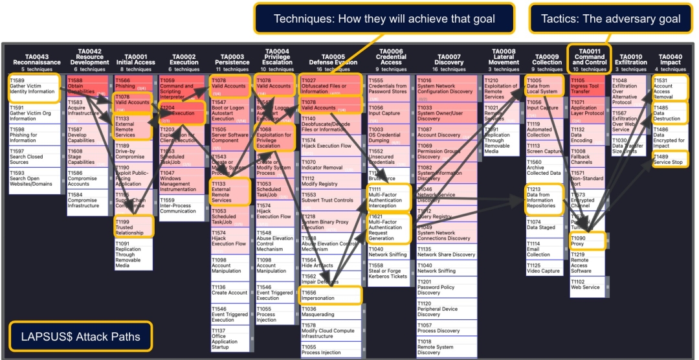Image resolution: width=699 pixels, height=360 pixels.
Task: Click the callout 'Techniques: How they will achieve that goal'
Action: pyautogui.click(x=384, y=18)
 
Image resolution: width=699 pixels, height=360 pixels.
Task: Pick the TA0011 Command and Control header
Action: pyautogui.click(x=590, y=59)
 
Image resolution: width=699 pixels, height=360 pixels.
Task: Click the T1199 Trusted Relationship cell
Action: pyautogui.click(x=133, y=227)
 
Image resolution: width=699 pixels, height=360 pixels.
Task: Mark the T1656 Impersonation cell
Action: pyautogui.click(x=330, y=296)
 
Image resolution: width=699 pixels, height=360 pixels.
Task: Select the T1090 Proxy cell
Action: pyautogui.click(x=586, y=241)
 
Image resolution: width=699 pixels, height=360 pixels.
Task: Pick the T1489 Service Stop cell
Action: pyautogui.click(x=669, y=159)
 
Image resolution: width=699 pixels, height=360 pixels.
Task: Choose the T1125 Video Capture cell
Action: pyautogui.click(x=542, y=269)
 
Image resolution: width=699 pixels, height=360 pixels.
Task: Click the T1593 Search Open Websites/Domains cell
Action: pyautogui.click(x=33, y=179)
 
